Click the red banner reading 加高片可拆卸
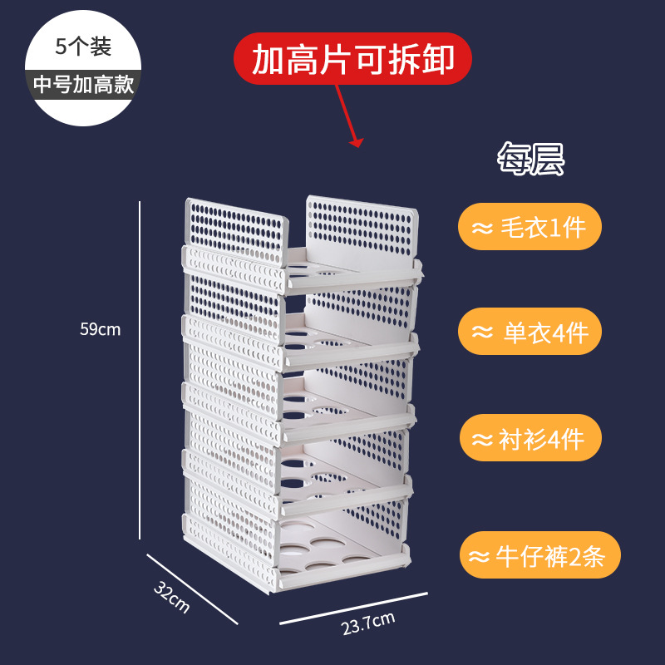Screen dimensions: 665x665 (352, 59)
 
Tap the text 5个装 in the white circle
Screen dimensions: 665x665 (83, 47)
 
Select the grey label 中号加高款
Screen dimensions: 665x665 (83, 85)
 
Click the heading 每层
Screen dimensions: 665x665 (530, 159)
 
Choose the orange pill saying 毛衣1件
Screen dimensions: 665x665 (529, 227)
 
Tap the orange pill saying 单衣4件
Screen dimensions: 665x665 (529, 333)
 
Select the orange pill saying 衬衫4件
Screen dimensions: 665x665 (529, 438)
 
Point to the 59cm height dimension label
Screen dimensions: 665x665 (100, 329)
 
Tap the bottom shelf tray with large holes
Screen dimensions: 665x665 (332, 553)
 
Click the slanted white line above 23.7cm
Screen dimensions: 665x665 (353, 608)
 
